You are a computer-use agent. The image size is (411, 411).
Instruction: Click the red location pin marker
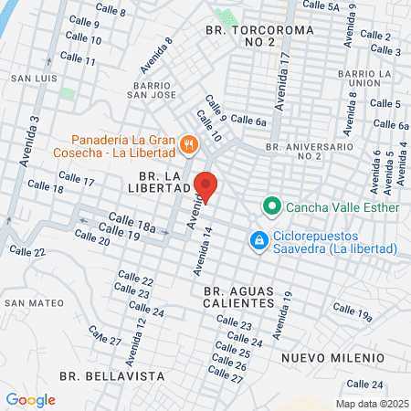click(206, 185)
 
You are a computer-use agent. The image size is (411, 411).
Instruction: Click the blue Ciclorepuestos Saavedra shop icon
click(259, 240)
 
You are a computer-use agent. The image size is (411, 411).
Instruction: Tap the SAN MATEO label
click(34, 302)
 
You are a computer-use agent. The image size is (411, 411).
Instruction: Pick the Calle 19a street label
click(352, 311)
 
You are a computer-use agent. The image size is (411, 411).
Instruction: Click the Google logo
click(30, 400)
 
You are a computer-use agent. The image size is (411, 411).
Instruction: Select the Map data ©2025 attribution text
click(370, 403)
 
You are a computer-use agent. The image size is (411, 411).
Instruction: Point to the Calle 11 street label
click(78, 58)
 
